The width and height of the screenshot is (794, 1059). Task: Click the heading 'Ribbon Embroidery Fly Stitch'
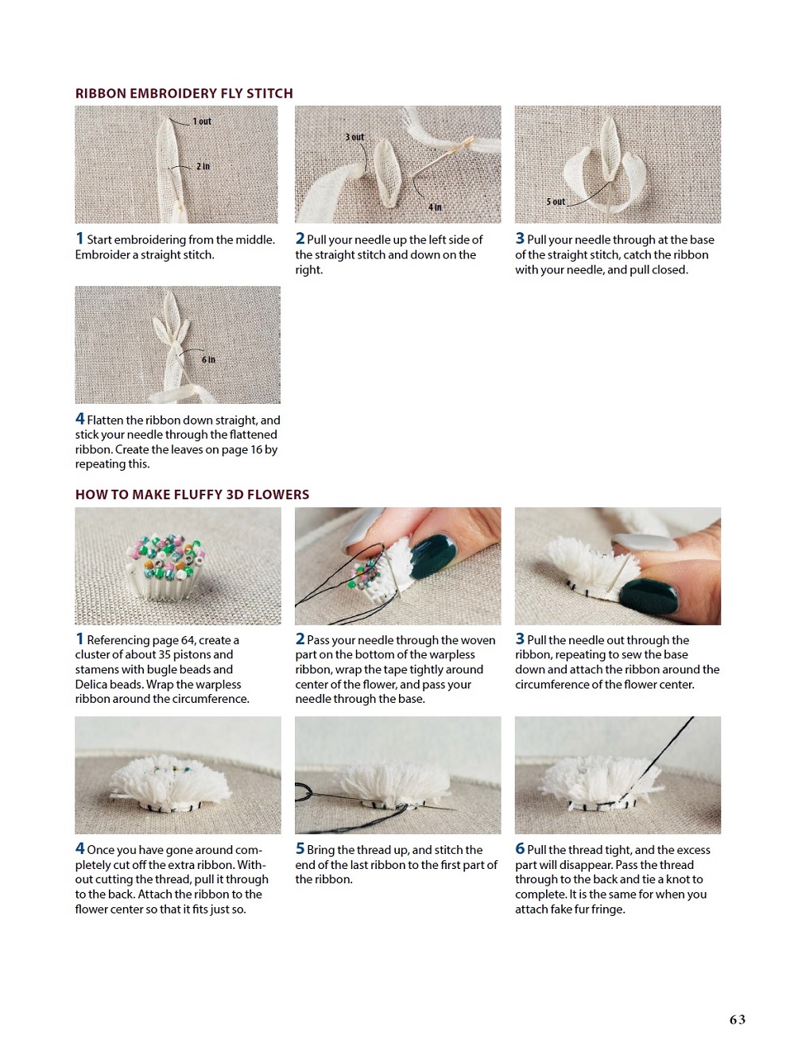(184, 93)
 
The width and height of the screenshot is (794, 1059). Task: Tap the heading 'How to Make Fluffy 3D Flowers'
(192, 495)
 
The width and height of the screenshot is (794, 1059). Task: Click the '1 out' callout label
(202, 122)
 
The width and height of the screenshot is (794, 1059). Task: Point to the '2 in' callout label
(203, 166)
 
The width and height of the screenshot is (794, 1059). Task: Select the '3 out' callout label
(354, 137)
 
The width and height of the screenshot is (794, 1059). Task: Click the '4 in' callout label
(435, 207)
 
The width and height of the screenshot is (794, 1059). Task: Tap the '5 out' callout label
(556, 202)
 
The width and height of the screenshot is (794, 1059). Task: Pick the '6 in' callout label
(208, 359)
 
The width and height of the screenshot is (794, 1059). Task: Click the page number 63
(737, 1019)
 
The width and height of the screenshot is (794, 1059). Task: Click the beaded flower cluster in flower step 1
(165, 566)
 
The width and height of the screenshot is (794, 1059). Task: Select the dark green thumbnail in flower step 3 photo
(649, 595)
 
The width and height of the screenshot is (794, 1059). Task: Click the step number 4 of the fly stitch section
(79, 418)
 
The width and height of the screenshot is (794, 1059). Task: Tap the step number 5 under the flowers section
(300, 848)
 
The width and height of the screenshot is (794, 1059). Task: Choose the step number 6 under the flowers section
(520, 848)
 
